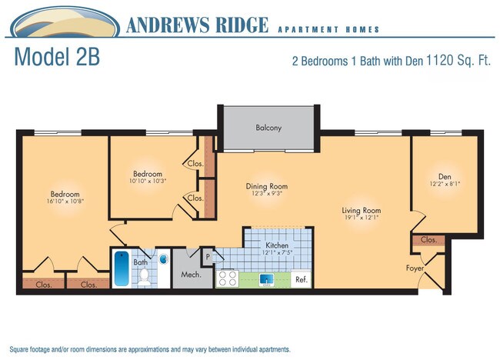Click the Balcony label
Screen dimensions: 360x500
268,128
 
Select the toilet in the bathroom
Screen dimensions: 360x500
144,277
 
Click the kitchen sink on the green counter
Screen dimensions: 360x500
268,279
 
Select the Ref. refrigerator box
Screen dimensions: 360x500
302,279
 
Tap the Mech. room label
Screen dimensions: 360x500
191,275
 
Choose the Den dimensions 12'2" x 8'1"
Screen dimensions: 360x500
443,184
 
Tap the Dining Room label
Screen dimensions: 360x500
266,186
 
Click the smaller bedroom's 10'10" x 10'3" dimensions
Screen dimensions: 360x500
148,182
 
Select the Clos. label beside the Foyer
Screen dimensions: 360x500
428,240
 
